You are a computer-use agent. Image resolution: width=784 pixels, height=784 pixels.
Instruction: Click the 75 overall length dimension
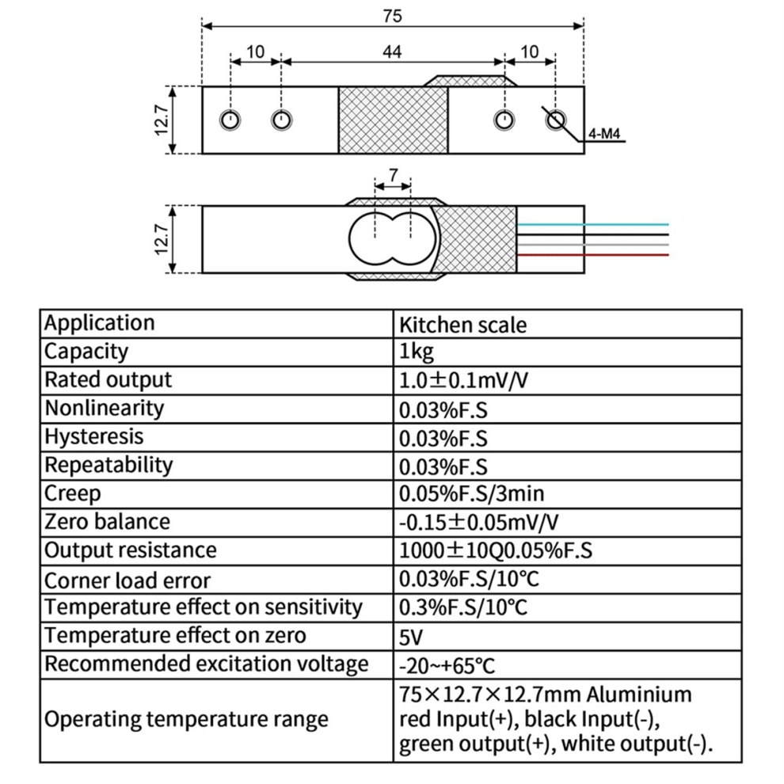coord(393,16)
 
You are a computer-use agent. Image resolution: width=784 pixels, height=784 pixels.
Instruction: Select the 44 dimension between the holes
coord(392,51)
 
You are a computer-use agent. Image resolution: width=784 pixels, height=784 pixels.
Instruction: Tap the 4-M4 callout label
coord(604,134)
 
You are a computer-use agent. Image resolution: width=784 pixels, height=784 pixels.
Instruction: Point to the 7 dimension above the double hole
coord(394,175)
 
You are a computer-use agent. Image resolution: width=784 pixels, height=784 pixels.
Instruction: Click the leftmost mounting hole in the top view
coord(230,120)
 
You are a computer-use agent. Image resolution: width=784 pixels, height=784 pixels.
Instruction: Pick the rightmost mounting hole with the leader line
coord(555,120)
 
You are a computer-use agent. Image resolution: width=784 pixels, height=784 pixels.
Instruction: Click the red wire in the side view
coord(592,255)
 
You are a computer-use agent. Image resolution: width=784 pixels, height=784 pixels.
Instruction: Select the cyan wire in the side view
coord(592,224)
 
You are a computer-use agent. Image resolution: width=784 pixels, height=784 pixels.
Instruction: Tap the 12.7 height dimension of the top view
coord(162,120)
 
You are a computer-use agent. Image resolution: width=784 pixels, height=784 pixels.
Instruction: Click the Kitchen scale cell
coord(462,325)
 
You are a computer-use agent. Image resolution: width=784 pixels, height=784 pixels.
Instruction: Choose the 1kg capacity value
coord(417,352)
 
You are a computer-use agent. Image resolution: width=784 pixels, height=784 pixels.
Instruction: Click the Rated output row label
coord(108,380)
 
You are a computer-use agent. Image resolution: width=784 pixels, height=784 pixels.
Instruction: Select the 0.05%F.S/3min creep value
coord(471,494)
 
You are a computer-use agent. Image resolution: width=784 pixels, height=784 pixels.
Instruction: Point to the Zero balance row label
coord(107,522)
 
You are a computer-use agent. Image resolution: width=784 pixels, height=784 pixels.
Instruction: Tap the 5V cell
coord(411,637)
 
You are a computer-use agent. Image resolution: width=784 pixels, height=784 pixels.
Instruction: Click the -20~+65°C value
coord(447,666)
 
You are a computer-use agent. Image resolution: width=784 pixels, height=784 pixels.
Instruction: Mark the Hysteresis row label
coord(94,437)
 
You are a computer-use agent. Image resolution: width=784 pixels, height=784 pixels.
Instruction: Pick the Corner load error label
coord(127,580)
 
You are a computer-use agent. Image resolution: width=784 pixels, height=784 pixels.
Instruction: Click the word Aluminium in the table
coord(639,695)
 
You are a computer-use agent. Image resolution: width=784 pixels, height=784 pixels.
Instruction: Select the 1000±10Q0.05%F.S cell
coord(496,550)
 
